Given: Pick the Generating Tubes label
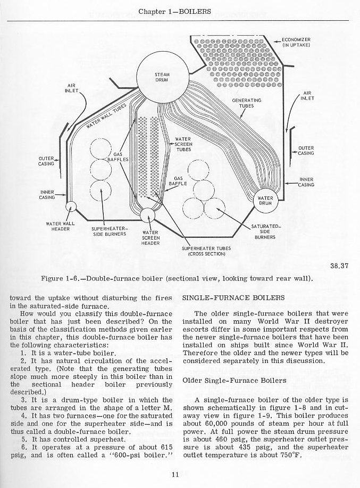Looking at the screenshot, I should [x=247, y=103].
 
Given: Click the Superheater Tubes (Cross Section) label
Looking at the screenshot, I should [x=207, y=251].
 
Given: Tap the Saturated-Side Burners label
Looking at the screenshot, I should [x=264, y=232].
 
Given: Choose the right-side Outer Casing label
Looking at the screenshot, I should [x=306, y=151].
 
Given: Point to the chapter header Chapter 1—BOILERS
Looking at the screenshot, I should [x=180, y=11].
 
